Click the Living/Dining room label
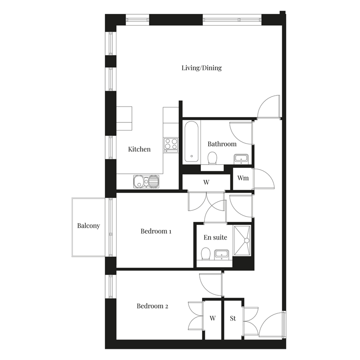[x=202, y=68]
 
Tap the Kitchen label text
[x=139, y=149]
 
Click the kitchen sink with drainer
[x=146, y=181]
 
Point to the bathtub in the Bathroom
[x=191, y=142]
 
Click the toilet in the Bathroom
[x=212, y=158]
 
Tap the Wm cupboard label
[x=243, y=178]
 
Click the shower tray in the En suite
[x=242, y=240]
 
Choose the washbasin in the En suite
[x=222, y=254]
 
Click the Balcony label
[x=88, y=226]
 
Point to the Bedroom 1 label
[x=156, y=231]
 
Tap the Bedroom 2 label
[x=152, y=306]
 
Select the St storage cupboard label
[x=233, y=318]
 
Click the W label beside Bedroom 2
[x=213, y=318]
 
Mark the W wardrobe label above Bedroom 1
[x=206, y=182]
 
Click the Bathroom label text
[x=222, y=144]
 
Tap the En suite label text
[x=215, y=237]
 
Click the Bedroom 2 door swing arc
[x=205, y=288]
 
